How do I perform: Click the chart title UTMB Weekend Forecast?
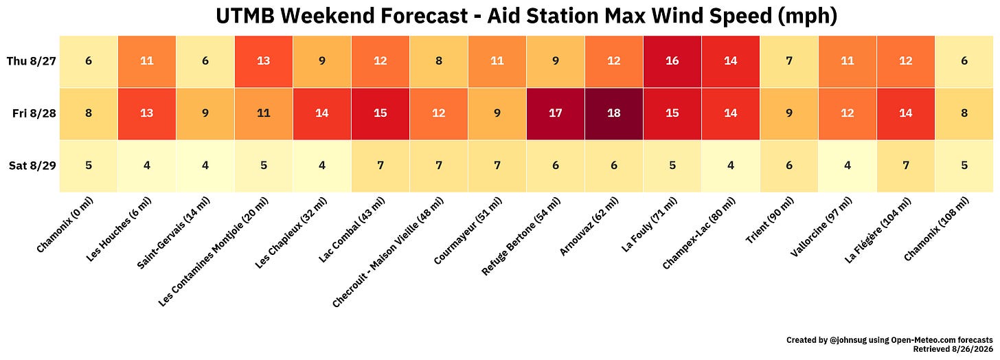click(526, 16)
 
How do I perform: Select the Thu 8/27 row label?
click(32, 61)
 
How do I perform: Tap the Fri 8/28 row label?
click(34, 113)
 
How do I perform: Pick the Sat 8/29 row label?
click(32, 166)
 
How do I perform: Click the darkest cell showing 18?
click(614, 113)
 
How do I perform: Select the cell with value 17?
click(556, 113)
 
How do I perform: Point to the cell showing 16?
click(672, 61)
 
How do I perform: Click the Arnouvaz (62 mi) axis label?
click(589, 227)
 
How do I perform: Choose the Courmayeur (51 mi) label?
click(468, 230)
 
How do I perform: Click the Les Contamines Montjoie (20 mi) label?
click(214, 252)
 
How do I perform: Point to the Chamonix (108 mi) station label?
click(937, 229)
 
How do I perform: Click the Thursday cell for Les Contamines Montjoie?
click(264, 61)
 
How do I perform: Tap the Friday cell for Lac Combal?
click(380, 113)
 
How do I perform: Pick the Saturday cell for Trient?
click(789, 166)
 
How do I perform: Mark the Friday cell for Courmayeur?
click(497, 113)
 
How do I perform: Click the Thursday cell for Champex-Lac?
click(730, 61)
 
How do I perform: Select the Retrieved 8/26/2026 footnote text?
click(953, 349)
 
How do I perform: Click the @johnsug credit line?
click(889, 340)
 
